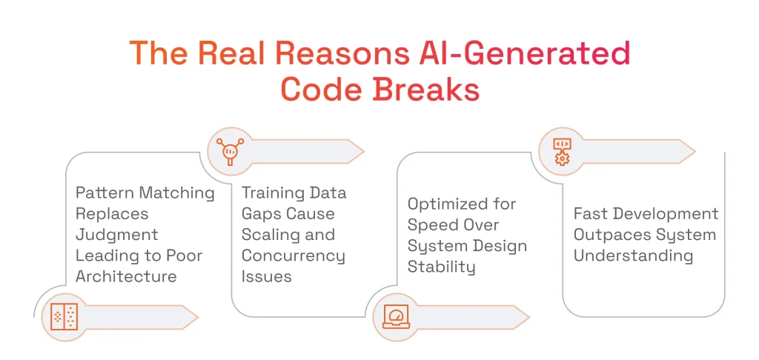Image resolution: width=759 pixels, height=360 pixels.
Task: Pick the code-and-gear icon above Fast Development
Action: point(563,151)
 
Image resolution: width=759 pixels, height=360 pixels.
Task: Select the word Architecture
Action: point(126,276)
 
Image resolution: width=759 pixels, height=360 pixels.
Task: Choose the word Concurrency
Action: point(294,256)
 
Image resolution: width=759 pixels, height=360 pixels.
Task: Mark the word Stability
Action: point(442,267)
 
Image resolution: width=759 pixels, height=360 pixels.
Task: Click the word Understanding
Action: point(633,256)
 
